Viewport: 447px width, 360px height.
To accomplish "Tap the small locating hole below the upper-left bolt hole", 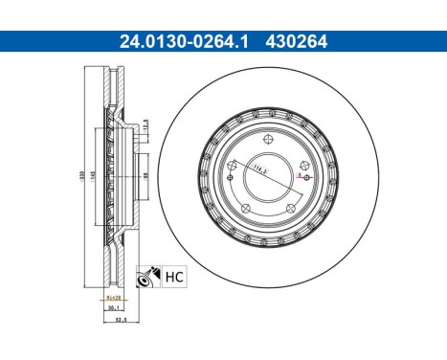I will tap(232, 188).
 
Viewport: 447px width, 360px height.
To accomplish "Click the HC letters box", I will tap(172, 277).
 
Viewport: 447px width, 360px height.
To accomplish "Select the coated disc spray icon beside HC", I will tap(147, 277).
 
